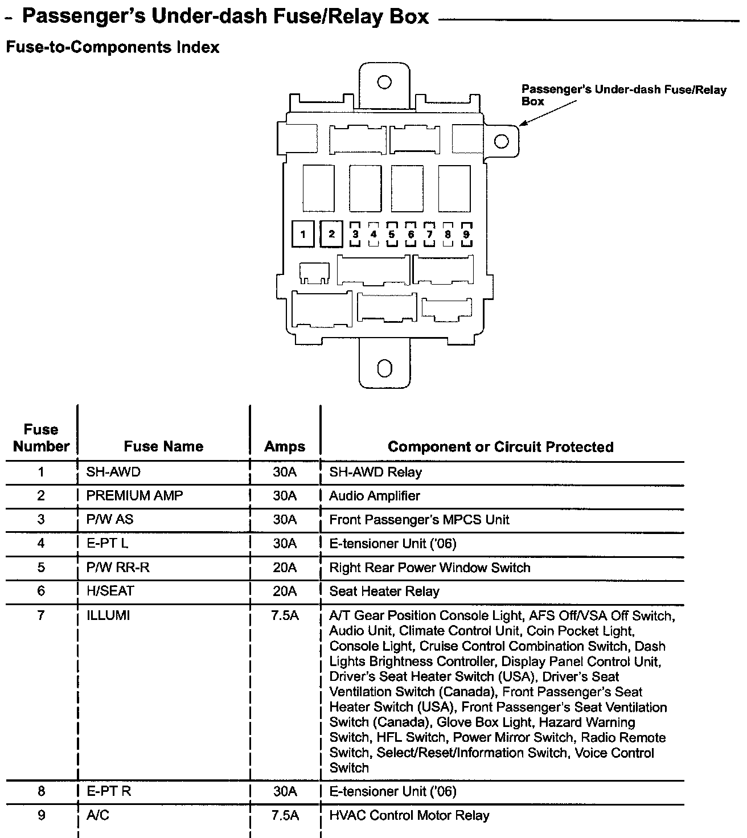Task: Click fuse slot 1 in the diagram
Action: (303, 234)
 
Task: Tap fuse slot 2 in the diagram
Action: (331, 234)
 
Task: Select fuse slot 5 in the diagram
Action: (392, 234)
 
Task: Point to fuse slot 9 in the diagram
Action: (466, 234)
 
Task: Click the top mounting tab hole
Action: (384, 82)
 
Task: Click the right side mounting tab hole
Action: (502, 141)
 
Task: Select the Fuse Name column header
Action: (163, 446)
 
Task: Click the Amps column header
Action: (285, 446)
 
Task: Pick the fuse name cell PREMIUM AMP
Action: (135, 496)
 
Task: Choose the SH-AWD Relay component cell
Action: (376, 472)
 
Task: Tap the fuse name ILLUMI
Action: (108, 615)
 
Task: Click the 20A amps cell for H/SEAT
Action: (285, 591)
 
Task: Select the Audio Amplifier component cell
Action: (375, 496)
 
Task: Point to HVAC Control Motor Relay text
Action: (409, 816)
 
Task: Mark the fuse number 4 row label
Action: (41, 544)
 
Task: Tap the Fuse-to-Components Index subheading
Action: (112, 47)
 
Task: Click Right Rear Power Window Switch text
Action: (430, 568)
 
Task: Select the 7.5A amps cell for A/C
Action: (285, 816)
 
